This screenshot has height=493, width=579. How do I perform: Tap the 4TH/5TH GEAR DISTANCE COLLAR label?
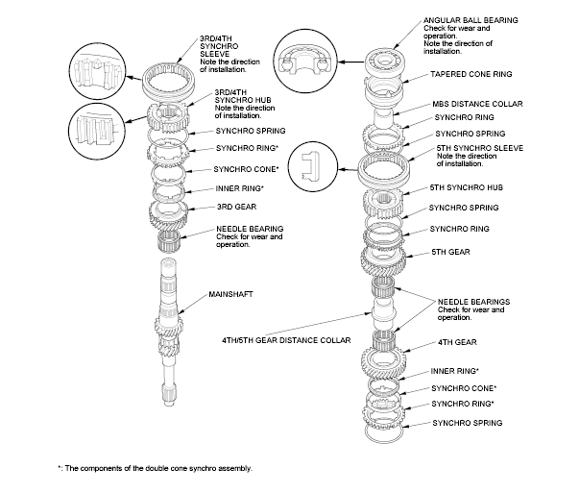tap(279, 340)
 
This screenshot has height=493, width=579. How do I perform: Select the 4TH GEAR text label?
tap(456, 341)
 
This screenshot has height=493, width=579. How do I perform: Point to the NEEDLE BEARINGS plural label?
tap(469, 301)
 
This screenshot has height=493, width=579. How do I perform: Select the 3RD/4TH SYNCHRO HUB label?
tap(241, 102)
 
